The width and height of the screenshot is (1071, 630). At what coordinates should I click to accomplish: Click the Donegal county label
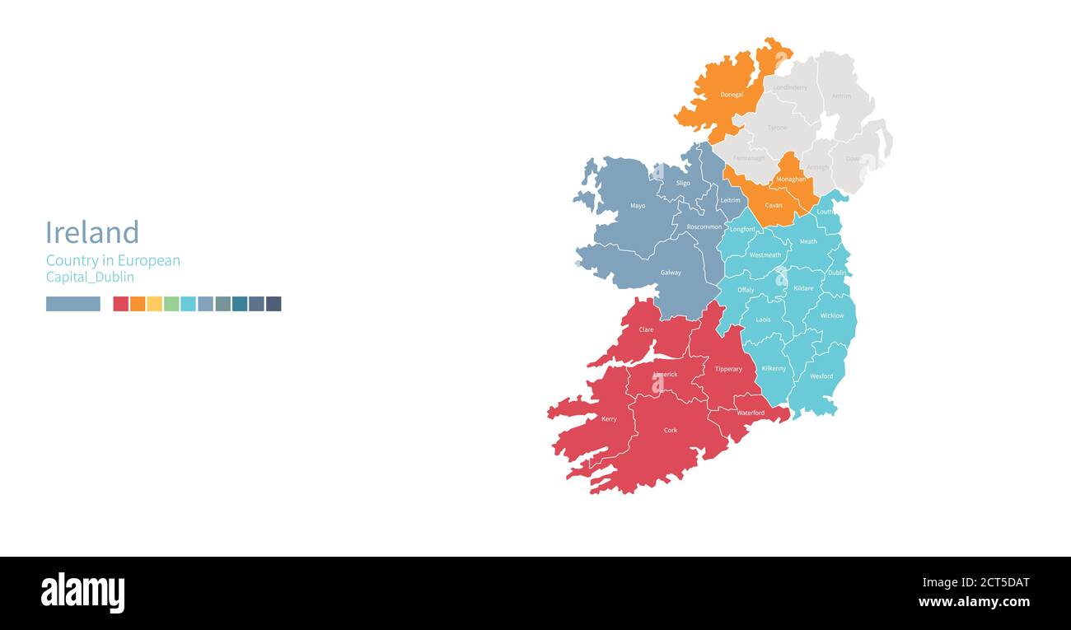(x=732, y=95)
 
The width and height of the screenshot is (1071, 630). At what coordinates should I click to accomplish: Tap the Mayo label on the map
(x=638, y=206)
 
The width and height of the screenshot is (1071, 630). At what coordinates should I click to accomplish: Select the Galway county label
(x=671, y=273)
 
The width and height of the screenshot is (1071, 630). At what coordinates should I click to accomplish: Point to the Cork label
(x=671, y=431)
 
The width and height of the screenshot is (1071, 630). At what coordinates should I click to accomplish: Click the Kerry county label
(x=609, y=419)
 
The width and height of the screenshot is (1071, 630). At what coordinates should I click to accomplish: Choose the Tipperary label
(x=728, y=369)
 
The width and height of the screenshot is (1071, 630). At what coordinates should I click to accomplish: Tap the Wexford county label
(x=821, y=376)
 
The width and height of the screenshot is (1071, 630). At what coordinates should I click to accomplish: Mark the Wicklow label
(x=832, y=316)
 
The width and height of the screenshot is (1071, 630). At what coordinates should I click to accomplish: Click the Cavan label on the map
(x=774, y=205)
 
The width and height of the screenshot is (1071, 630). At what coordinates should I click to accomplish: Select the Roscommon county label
(x=704, y=226)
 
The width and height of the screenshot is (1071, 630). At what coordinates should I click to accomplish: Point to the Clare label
(x=647, y=329)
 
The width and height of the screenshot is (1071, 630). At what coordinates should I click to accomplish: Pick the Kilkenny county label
(x=774, y=368)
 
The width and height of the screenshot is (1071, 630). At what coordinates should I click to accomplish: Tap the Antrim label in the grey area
(x=841, y=96)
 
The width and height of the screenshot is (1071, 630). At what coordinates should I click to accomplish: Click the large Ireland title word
(x=92, y=233)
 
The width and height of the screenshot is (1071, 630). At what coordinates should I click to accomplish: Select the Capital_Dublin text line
(x=90, y=278)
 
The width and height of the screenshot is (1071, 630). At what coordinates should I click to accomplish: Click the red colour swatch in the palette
(x=120, y=304)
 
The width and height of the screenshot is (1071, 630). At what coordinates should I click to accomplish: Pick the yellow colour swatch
(x=154, y=304)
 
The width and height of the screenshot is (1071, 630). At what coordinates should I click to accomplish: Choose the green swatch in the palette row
(x=171, y=304)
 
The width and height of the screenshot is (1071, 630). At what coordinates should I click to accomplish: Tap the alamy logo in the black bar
(x=83, y=593)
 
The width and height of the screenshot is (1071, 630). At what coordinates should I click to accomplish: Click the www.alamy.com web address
(x=974, y=602)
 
